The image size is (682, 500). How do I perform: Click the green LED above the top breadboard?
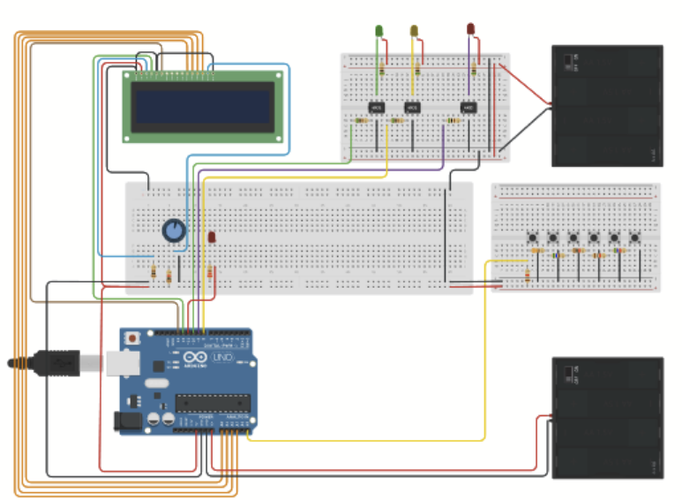pyautogui.click(x=379, y=31)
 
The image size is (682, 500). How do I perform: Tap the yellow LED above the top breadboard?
pyautogui.click(x=414, y=32)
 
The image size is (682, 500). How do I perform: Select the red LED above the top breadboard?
pyautogui.click(x=470, y=29)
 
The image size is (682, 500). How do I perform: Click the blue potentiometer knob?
pyautogui.click(x=175, y=231)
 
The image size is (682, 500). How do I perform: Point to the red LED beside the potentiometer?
pyautogui.click(x=212, y=237)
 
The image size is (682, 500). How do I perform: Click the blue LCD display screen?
pyautogui.click(x=202, y=106)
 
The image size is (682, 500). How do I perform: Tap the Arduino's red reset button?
pyautogui.click(x=132, y=338)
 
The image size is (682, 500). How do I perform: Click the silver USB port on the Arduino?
pyautogui.click(x=118, y=362)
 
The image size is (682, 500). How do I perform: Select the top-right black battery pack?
pyautogui.click(x=606, y=106)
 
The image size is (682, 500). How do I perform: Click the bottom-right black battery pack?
pyautogui.click(x=606, y=418)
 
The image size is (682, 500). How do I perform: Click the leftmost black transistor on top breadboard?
pyautogui.click(x=375, y=108)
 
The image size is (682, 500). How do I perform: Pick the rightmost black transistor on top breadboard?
pyautogui.click(x=468, y=109)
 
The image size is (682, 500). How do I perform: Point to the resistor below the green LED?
pyautogui.click(x=381, y=67)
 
